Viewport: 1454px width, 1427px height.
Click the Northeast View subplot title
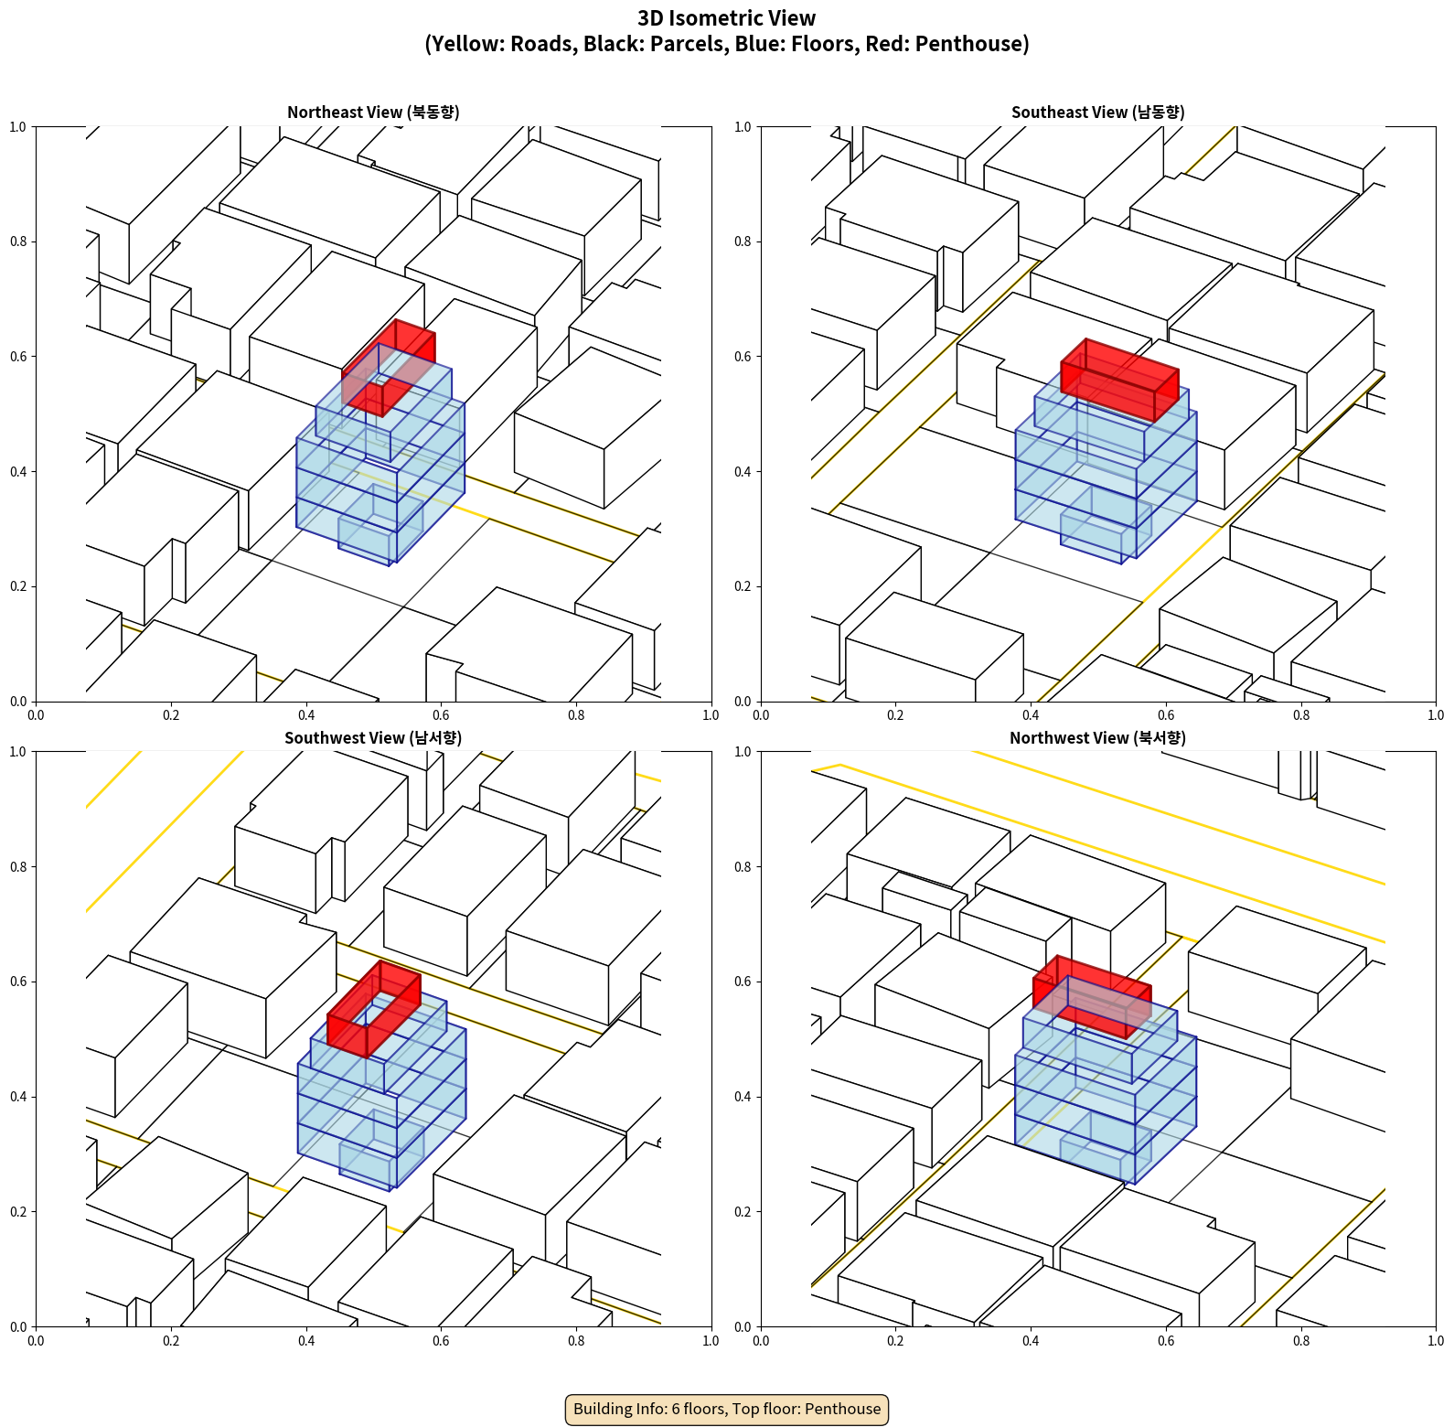pyautogui.click(x=373, y=112)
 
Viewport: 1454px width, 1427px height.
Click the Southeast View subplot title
pyautogui.click(x=1097, y=112)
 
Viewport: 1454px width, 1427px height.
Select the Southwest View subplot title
pyautogui.click(x=373, y=737)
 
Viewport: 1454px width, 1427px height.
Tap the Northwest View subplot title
pyautogui.click(x=1097, y=737)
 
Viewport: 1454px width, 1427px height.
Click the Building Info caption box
pyautogui.click(x=727, y=1409)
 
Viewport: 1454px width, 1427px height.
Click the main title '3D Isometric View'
pyautogui.click(x=727, y=18)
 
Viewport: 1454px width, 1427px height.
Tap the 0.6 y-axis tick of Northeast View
pyautogui.click(x=18, y=357)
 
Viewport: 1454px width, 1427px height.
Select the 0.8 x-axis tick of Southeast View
pyautogui.click(x=1301, y=714)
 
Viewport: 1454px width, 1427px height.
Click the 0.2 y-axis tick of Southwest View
pyautogui.click(x=18, y=1212)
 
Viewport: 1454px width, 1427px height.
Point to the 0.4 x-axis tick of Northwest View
pyautogui.click(x=1031, y=1340)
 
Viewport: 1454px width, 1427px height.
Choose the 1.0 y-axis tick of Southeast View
pyautogui.click(x=743, y=127)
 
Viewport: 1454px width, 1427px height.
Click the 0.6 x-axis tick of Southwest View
pyautogui.click(x=441, y=1340)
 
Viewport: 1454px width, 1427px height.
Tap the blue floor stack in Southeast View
pyautogui.click(x=1106, y=471)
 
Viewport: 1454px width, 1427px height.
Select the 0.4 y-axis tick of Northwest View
pyautogui.click(x=743, y=1097)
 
